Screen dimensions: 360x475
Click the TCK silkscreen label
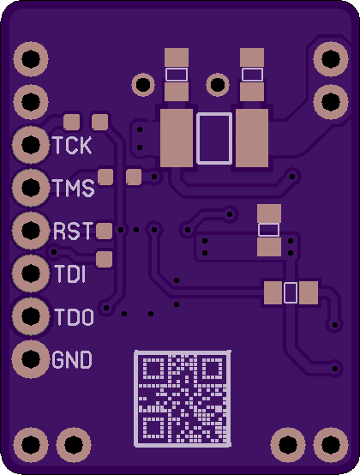point(72,146)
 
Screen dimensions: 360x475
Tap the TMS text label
point(73,188)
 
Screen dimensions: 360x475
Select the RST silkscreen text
point(73,231)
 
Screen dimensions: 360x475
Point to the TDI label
point(70,274)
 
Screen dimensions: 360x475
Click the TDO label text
point(75,317)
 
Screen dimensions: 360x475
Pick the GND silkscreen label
point(72,360)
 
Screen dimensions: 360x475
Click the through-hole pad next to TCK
point(31,145)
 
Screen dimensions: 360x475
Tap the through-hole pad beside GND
point(31,359)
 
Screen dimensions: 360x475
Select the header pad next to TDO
point(31,316)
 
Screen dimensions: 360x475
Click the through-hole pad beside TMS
point(31,188)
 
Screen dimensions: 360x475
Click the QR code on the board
point(183,399)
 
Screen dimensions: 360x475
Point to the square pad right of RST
point(105,231)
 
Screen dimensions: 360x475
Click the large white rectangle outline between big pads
point(214,138)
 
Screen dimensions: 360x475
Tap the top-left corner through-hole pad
point(31,59)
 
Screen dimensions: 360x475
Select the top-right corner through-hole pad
point(331,59)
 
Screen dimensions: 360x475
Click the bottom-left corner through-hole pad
point(31,445)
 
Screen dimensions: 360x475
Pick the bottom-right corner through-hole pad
point(331,445)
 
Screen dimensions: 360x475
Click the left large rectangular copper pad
point(177,138)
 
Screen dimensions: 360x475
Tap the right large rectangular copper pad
point(252,138)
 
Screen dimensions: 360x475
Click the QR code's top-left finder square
point(153,368)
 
